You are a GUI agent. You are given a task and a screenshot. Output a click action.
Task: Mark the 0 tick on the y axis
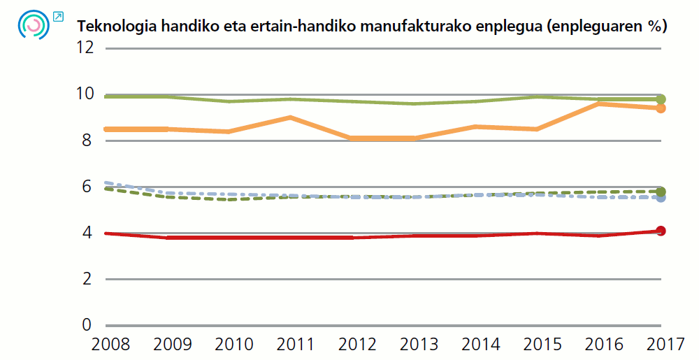coord(87,325)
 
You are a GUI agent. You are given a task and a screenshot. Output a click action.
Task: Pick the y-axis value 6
coord(87,187)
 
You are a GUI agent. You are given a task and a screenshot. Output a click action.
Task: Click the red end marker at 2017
coord(661,231)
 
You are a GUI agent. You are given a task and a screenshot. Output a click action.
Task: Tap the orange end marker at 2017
coord(661,108)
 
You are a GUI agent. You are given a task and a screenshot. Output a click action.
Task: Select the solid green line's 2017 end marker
coord(661,99)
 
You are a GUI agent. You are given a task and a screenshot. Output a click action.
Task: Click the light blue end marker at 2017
coord(661,198)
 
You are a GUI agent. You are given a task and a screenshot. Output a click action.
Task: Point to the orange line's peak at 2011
coord(291,117)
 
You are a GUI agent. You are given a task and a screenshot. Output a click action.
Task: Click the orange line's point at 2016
coord(599,103)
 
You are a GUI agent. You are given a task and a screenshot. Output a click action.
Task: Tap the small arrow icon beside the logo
coord(58,16)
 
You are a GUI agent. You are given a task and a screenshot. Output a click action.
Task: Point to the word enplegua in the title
coord(512,27)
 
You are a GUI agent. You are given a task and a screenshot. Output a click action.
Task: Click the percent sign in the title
coord(654,27)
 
